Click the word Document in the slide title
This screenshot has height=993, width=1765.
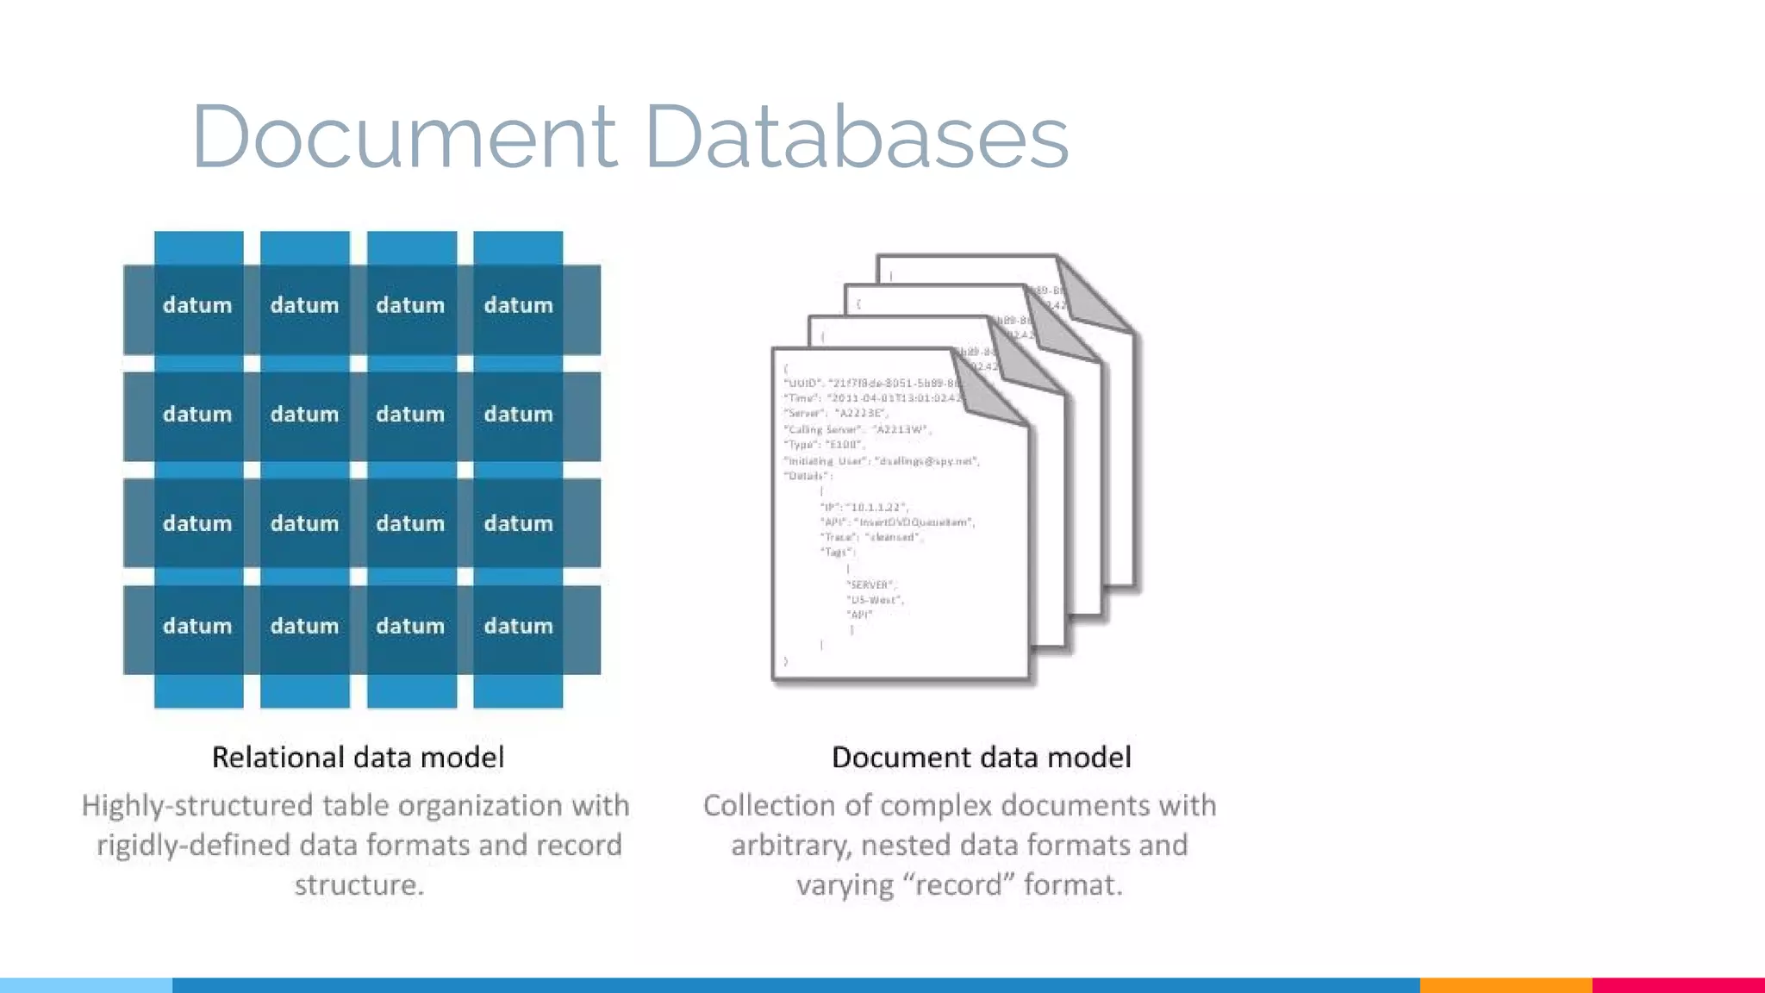pos(403,136)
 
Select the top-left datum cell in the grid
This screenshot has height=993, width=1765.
pos(197,305)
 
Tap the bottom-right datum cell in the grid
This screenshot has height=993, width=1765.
pos(518,626)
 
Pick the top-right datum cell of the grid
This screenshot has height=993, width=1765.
pos(518,305)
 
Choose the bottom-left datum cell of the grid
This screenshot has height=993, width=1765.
pos(197,626)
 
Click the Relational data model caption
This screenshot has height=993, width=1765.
pos(358,757)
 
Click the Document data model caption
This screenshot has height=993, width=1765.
pos(981,757)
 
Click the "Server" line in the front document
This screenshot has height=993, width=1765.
pos(835,414)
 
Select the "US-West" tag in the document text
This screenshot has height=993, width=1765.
pos(875,600)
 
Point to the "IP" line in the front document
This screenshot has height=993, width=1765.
pos(864,507)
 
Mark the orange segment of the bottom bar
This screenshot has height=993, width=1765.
pos(1505,985)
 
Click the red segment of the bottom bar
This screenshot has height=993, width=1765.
pos(1678,985)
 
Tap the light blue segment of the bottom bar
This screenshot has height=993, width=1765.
pos(86,985)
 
